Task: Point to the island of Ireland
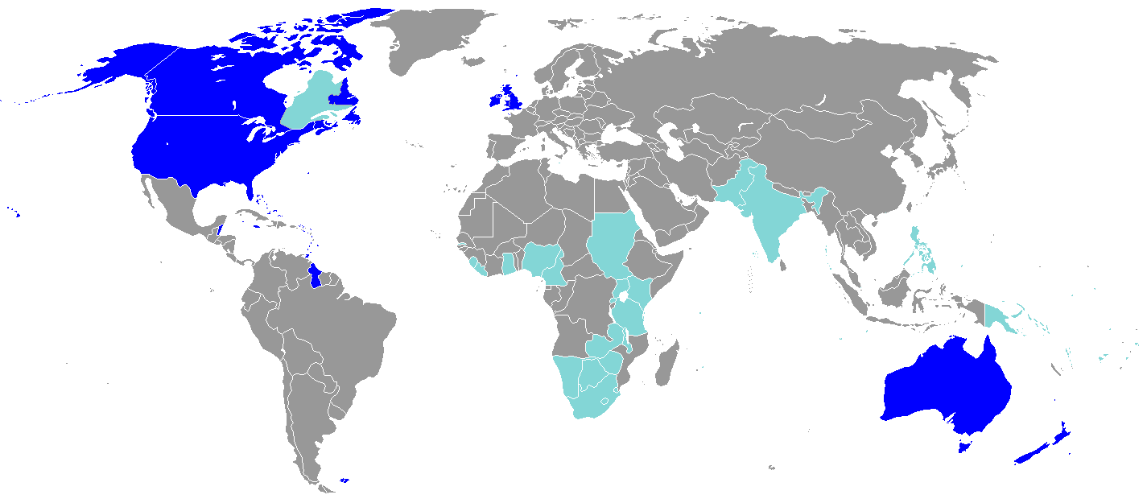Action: (x=494, y=101)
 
